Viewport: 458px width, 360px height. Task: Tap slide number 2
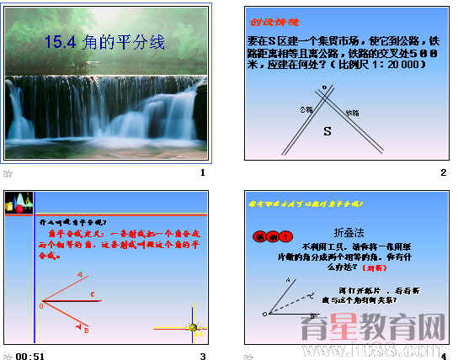point(443,172)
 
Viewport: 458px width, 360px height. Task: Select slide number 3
point(202,356)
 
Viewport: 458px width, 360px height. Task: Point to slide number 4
point(443,356)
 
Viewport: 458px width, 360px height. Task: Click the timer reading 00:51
point(29,356)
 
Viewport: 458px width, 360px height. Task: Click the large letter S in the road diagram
point(328,131)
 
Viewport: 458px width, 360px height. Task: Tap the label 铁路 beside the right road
point(352,111)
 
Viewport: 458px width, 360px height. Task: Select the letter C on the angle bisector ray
point(93,294)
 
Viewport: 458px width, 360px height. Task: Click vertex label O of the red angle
point(40,306)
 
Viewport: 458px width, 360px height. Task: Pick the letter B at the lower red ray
point(86,330)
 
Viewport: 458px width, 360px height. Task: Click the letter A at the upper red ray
point(80,274)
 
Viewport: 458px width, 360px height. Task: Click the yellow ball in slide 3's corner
point(193,327)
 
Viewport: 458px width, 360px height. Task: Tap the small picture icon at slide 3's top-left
point(20,203)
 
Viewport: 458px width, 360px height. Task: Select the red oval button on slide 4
point(271,236)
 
